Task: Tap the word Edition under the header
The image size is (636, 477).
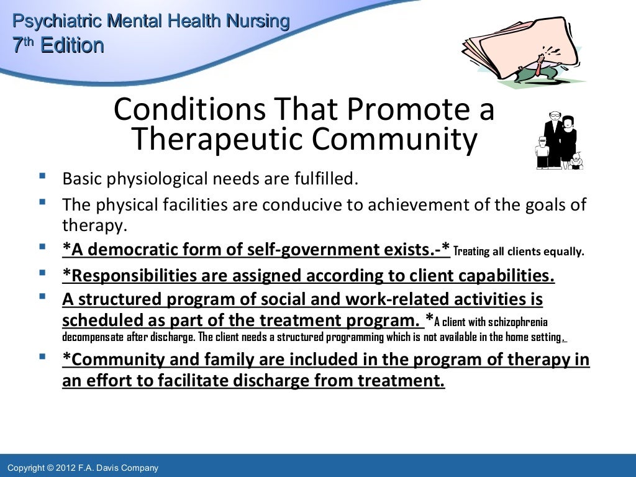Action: [71, 45]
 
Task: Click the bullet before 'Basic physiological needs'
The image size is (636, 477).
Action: [42, 178]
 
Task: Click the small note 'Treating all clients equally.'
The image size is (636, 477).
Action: [519, 252]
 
